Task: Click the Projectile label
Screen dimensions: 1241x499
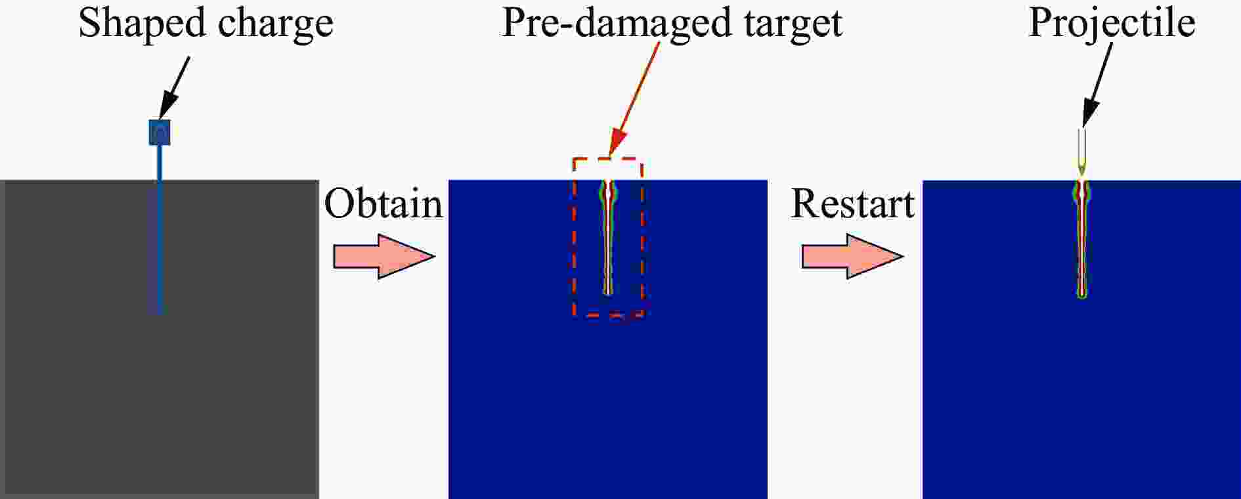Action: click(1112, 24)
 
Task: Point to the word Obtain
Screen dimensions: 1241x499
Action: click(383, 204)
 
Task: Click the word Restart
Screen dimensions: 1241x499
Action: click(852, 204)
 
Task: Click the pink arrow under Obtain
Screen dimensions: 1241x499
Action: click(384, 256)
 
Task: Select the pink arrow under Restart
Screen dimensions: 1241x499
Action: click(852, 256)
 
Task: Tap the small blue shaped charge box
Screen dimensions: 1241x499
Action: click(160, 132)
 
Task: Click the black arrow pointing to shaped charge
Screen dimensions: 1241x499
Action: click(174, 88)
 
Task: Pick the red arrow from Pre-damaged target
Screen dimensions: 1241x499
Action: click(634, 98)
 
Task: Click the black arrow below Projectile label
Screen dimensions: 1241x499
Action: click(1097, 84)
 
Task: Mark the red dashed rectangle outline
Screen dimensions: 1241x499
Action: click(608, 237)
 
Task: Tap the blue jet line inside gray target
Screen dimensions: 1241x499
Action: click(159, 247)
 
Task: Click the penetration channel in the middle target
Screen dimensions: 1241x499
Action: click(609, 238)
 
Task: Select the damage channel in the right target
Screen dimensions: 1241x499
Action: click(1081, 239)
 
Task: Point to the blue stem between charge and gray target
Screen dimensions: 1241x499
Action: click(159, 162)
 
